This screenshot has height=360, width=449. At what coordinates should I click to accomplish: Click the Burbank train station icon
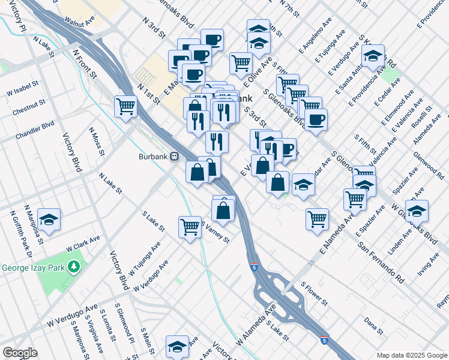(175, 157)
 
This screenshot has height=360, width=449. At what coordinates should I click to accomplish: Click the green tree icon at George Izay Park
(74, 266)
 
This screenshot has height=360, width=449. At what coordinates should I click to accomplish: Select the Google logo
(20, 353)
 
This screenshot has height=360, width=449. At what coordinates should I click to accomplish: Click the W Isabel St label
(23, 93)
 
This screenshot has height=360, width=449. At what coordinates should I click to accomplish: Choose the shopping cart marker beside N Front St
(126, 107)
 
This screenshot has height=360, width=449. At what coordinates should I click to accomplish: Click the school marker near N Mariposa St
(49, 219)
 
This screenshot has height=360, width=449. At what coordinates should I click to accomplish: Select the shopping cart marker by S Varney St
(190, 227)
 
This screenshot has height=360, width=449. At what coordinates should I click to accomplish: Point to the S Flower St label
(313, 293)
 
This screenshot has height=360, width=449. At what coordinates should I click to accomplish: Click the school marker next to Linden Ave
(417, 211)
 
